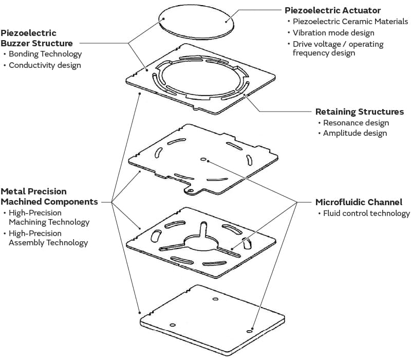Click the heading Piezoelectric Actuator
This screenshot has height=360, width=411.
(x=332, y=10)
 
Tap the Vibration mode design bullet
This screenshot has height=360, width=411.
(x=333, y=33)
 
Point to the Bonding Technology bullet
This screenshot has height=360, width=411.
(x=45, y=54)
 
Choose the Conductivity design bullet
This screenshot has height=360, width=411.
(x=45, y=65)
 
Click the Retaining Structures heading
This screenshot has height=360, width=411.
(x=359, y=112)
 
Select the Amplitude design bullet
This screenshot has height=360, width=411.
(x=355, y=133)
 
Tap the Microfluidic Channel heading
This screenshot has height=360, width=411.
(x=359, y=202)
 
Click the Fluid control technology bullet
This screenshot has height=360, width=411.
(x=366, y=213)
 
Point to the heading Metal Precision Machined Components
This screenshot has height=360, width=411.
(x=49, y=197)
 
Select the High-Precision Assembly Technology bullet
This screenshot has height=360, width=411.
(x=48, y=238)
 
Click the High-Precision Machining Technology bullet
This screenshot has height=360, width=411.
(x=49, y=218)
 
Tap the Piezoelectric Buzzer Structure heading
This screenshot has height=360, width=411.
(x=36, y=38)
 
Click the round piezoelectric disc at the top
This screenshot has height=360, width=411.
(x=196, y=22)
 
